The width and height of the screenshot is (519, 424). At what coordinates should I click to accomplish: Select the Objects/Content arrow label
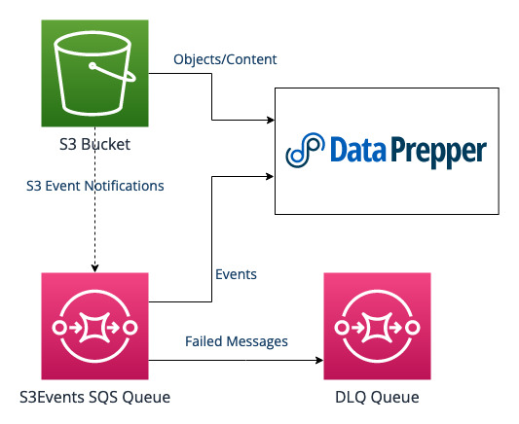(225, 59)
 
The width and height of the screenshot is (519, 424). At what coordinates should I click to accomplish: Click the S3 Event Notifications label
(95, 185)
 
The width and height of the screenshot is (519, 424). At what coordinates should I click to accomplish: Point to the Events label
(235, 274)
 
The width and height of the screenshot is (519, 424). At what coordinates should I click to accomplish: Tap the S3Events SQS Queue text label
(94, 397)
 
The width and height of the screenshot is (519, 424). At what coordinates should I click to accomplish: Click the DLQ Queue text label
(376, 397)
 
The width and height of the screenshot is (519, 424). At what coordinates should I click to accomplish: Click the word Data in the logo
(357, 153)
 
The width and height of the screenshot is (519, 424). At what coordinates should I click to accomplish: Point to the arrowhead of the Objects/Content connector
(271, 121)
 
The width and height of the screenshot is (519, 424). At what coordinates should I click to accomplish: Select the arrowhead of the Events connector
(271, 176)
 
